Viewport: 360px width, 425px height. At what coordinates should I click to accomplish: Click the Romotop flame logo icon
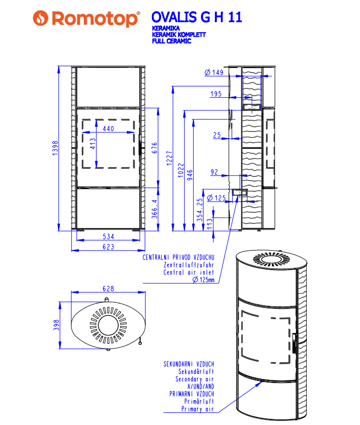coord(40,18)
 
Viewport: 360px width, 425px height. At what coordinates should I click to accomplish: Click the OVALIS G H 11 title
coord(196,17)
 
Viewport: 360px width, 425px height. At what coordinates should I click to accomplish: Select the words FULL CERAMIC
coord(172,41)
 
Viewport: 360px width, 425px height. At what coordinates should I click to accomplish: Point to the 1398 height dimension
coord(55,148)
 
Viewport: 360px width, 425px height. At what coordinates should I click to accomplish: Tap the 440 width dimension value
coord(108,129)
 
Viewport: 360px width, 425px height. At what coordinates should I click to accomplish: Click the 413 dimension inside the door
coord(93,144)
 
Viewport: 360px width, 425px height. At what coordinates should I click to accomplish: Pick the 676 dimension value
coord(154,148)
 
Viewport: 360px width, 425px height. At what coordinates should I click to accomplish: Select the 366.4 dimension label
coord(154,209)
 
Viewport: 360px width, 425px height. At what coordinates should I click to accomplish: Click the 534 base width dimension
coord(108,237)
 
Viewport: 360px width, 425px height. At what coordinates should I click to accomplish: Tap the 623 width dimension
coord(108,247)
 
